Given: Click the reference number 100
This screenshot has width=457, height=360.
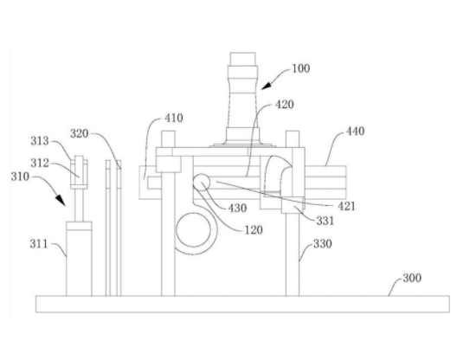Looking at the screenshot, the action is (301, 68).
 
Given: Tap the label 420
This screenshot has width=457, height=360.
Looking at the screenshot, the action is (285, 105).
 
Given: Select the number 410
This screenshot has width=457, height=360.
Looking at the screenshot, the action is (174, 118).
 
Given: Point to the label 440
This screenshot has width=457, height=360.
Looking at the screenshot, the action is (355, 132).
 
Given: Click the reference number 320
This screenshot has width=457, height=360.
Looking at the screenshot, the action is (80, 134).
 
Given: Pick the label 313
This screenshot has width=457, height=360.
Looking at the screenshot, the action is (40, 141).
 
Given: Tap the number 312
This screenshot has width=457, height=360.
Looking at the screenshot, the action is (40, 164).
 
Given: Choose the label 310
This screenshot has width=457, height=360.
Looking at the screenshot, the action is (20, 177).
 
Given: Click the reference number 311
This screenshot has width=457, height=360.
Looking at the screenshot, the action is (39, 244).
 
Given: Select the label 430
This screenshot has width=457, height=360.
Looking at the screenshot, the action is (237, 209).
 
